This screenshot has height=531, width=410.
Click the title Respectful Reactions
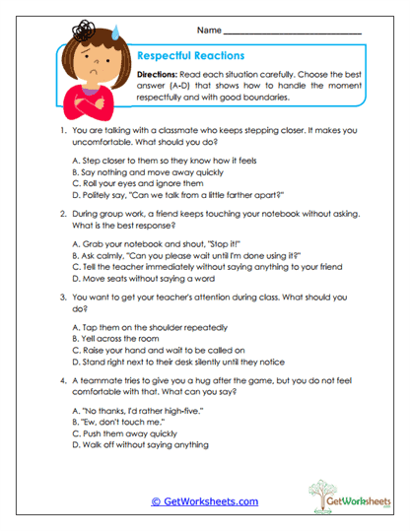pos(190,56)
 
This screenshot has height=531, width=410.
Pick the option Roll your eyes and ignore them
pos(138,183)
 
